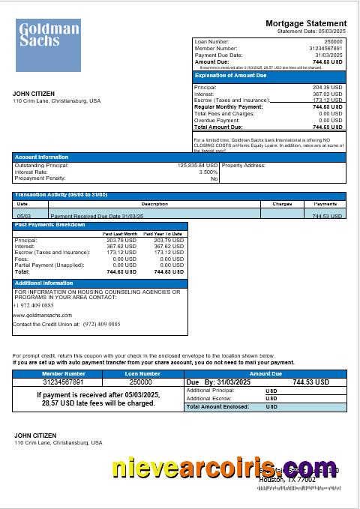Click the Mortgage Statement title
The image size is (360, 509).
(x=306, y=24)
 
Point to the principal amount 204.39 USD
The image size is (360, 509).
(x=327, y=88)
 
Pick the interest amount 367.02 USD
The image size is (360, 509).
(x=327, y=94)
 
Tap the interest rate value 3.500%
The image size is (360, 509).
(x=208, y=172)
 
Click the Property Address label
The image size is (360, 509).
(x=244, y=165)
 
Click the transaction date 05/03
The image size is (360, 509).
(x=22, y=215)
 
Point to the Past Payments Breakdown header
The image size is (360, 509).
(x=50, y=225)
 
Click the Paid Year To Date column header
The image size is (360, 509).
(x=163, y=234)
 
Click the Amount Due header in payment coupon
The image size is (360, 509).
(x=265, y=373)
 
